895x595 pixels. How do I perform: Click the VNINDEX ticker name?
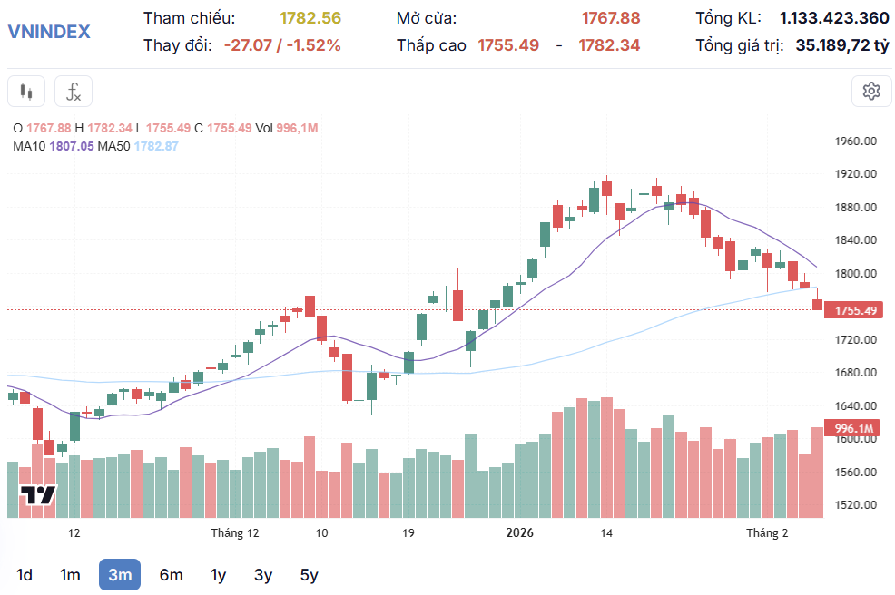tap(49, 31)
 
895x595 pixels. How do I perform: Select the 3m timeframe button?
tap(120, 574)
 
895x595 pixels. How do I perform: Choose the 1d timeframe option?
tap(25, 574)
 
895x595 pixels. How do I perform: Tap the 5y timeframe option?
tap(309, 574)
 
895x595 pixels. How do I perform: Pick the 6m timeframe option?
tap(171, 574)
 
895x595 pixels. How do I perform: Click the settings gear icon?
tap(871, 91)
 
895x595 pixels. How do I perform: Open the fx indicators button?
tap(74, 91)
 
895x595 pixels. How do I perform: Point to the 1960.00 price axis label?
tap(856, 141)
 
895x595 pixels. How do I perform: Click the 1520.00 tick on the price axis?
tap(856, 504)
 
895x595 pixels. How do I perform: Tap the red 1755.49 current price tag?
tap(855, 310)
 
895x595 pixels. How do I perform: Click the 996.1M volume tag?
tap(853, 428)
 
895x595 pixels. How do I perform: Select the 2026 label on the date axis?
tap(520, 532)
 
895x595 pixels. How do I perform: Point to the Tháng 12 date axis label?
tap(235, 532)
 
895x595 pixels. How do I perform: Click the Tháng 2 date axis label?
tap(767, 532)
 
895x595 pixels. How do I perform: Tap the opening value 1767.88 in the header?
tap(610, 18)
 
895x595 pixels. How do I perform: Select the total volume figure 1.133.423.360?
tap(834, 18)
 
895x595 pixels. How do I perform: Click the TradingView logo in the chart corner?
tap(38, 495)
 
